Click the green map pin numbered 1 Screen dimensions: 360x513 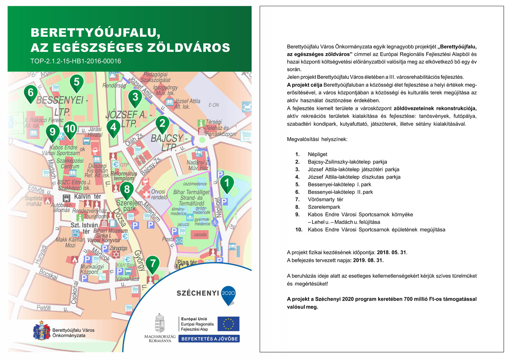[226, 183]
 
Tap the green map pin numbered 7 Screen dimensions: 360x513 [153, 264]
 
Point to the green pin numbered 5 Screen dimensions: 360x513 [76, 82]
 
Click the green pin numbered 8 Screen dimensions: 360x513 [127, 190]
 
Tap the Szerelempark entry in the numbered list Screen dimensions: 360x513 [324, 207]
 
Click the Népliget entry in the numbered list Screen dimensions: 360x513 [317, 154]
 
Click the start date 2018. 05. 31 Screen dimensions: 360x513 [392, 253]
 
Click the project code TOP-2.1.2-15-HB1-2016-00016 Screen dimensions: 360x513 [76, 61]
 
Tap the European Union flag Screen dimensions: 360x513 [228, 324]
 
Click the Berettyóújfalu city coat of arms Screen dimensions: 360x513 [42, 331]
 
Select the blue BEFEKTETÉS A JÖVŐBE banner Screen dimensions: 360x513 [209, 339]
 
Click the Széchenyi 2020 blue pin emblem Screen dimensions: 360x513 [228, 294]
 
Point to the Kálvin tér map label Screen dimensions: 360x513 [87, 196]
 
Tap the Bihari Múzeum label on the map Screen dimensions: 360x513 [110, 230]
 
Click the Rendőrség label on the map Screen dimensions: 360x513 [114, 86]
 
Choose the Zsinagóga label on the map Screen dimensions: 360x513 [118, 248]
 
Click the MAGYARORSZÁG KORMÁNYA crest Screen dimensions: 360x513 [160, 323]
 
